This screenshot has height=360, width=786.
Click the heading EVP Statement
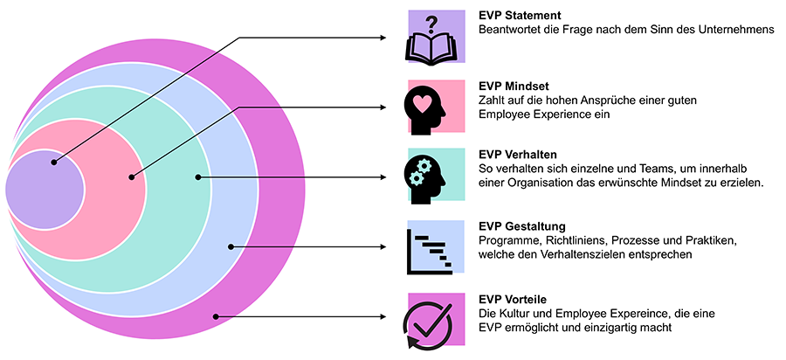tap(520, 15)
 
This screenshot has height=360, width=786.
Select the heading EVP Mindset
tap(514, 86)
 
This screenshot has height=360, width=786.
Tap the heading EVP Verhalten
tap(518, 155)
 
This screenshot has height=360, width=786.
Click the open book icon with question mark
tap(433, 39)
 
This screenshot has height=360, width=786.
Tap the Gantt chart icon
tap(430, 248)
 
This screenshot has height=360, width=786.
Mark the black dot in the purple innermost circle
tap(54, 162)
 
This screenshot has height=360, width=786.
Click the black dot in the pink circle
tap(132, 177)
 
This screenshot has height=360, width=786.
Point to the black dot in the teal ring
tap(198, 177)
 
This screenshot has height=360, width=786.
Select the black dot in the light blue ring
tap(231, 246)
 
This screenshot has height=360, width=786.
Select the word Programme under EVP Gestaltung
tap(506, 240)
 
